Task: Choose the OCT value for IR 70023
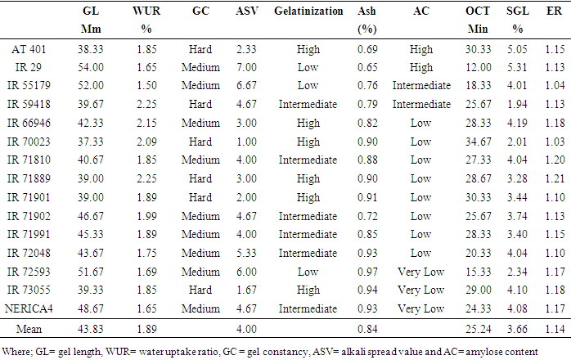point(479,140)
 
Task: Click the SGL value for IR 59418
point(515,104)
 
